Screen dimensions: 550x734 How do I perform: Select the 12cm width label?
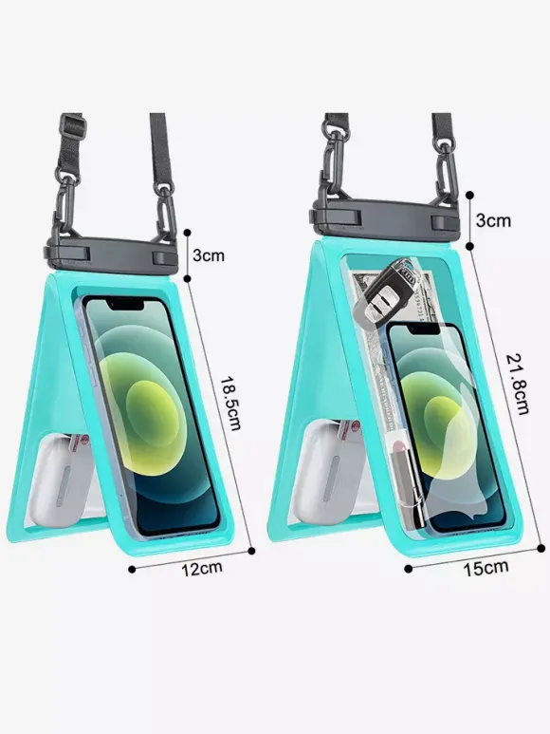coord(202,568)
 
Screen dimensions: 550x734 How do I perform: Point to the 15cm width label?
coord(486,567)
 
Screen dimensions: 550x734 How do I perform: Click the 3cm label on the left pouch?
coord(209,255)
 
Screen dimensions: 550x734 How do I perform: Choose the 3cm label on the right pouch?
coord(493,220)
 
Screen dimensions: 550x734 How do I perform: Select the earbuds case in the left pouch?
coord(64,479)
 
